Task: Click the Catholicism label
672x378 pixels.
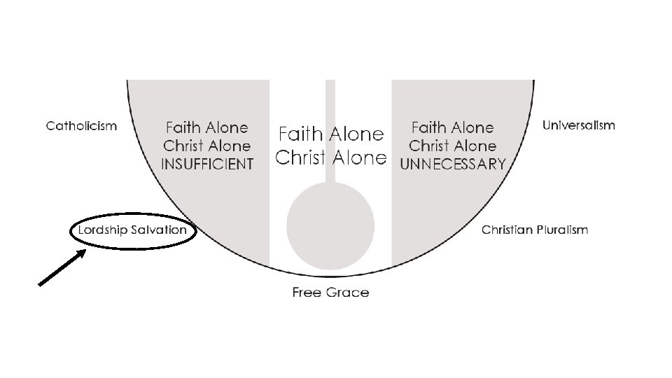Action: [81, 126]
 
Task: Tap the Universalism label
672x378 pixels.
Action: [579, 125]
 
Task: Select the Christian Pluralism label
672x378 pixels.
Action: [535, 230]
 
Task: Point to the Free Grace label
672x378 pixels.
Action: [330, 292]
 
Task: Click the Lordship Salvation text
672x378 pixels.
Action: [132, 230]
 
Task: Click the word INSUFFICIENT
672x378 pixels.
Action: [206, 164]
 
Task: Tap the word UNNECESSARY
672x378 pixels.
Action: [452, 164]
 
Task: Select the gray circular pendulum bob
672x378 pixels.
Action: [330, 225]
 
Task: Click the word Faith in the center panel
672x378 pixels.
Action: [302, 134]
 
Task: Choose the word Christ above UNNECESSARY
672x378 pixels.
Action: [429, 146]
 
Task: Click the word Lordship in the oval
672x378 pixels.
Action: [101, 230]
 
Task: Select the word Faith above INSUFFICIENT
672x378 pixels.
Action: [183, 128]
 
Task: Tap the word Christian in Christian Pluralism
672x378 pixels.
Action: [507, 230]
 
